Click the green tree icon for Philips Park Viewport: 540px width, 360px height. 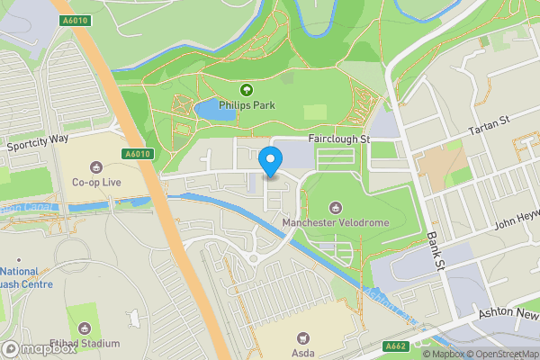coord(246,89)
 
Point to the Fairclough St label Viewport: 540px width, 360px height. coord(339,139)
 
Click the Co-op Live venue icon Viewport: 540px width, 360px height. coord(96,166)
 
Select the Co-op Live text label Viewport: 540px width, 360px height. coord(96,183)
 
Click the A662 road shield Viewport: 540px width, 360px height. coord(394,346)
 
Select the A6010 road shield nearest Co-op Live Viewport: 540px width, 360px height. coord(136,154)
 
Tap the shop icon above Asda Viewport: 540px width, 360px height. coord(303,337)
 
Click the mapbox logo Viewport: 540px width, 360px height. coord(39,347)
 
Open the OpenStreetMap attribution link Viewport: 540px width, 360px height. coord(501,353)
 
